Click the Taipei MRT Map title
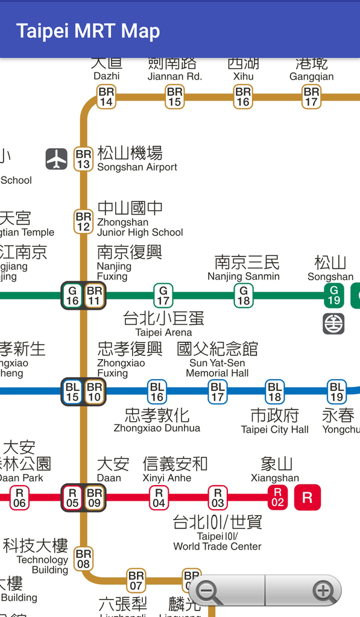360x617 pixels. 88,31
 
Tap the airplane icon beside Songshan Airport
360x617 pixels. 57,159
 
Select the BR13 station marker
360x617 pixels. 83,160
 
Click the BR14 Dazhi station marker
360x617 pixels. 106,97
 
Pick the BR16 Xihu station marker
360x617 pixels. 243,97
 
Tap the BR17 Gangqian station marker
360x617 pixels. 311,97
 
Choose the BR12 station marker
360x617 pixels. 83,221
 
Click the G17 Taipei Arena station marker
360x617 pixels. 163,295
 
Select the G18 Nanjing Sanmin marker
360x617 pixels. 244,295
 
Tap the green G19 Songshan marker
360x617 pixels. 333,295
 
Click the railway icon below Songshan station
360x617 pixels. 333,324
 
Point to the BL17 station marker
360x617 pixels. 218,392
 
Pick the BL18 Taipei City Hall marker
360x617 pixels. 275,392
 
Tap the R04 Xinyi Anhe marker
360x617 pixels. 159,498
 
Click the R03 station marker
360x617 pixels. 218,498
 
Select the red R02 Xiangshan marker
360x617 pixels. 277,498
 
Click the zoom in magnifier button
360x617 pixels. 324,592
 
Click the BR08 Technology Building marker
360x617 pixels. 83,559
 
